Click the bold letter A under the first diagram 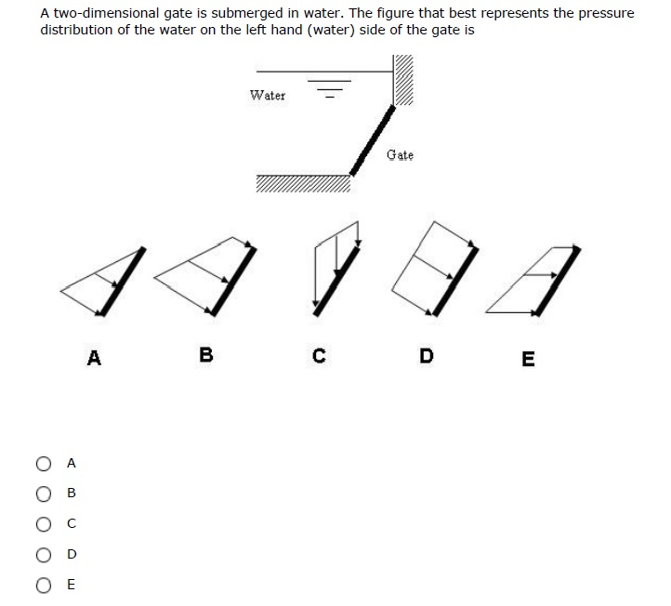[93, 357]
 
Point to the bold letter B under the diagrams [206, 355]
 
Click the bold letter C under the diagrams [319, 355]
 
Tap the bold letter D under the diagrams [426, 355]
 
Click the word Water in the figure [268, 95]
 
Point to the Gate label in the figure [400, 154]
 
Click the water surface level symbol [331, 90]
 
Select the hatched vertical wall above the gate [403, 82]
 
